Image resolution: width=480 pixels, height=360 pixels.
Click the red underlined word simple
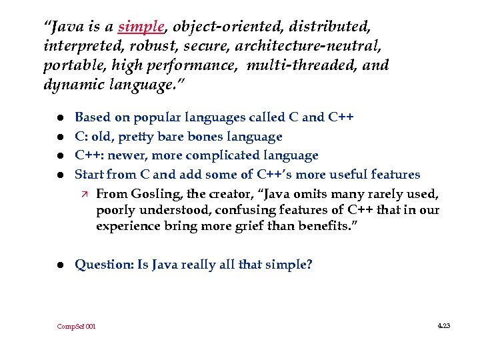coord(141,27)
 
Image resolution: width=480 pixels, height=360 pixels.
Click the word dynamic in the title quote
coord(69,85)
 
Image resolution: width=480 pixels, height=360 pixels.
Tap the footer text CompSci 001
coord(76,327)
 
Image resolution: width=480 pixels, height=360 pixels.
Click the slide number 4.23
coord(443,326)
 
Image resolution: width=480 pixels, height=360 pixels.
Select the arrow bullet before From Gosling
coord(83,194)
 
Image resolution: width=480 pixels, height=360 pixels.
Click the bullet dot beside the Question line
coord(58,265)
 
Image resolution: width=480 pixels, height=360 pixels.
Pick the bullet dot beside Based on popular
coord(58,118)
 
